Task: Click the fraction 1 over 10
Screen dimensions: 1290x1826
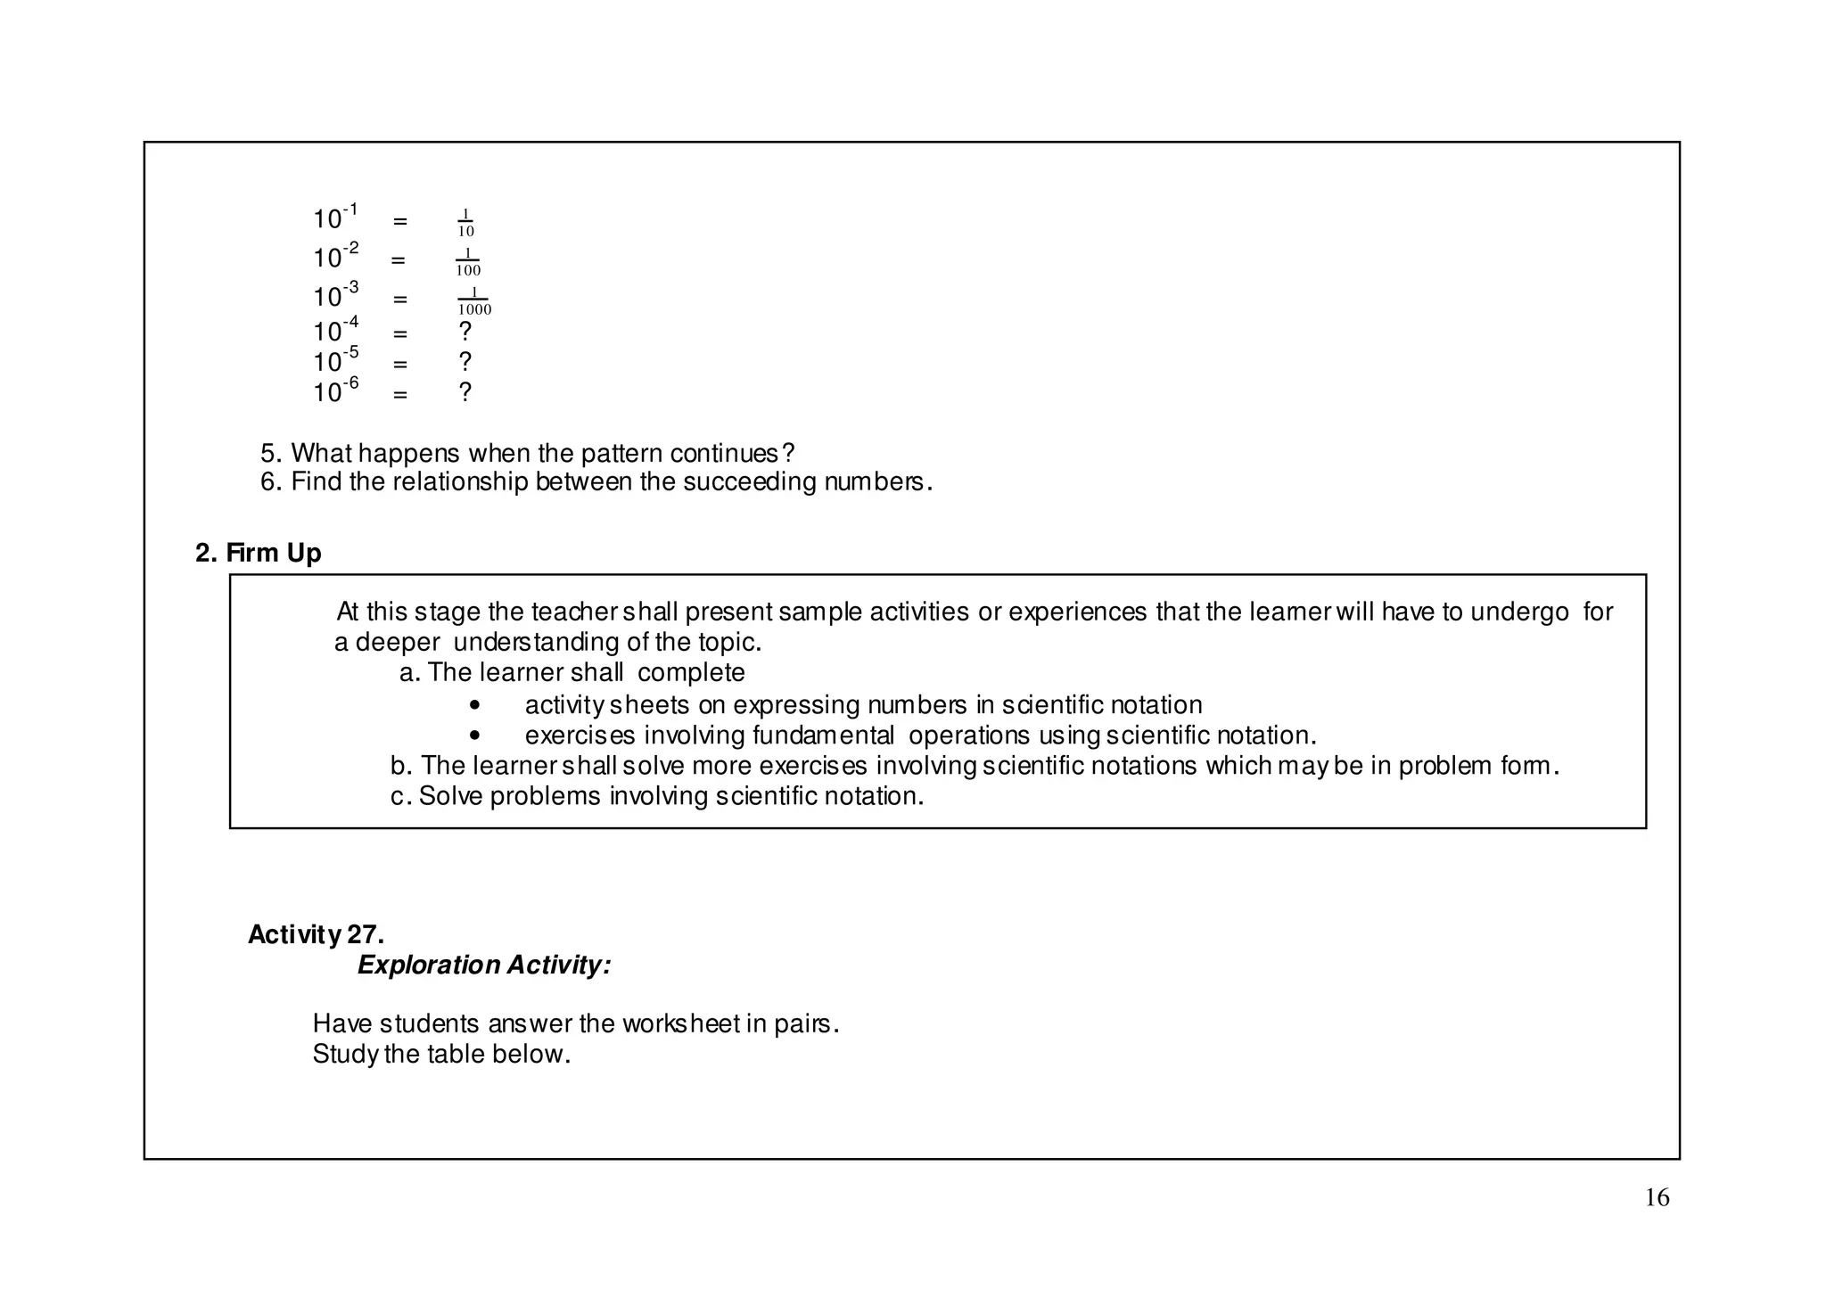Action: [x=465, y=222]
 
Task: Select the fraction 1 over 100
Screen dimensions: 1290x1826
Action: [x=467, y=261]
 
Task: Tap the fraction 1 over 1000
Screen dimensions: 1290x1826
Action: [x=473, y=300]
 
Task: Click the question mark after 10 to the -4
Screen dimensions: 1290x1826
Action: [x=465, y=332]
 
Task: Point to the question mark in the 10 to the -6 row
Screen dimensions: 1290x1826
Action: [x=465, y=392]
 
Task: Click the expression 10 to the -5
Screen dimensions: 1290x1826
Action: [x=335, y=360]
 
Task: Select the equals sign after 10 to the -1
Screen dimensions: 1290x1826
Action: [x=399, y=221]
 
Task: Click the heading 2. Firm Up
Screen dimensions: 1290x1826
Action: [x=258, y=553]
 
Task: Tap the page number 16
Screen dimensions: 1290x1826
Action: [x=1657, y=1197]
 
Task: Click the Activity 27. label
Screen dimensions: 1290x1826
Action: [x=316, y=934]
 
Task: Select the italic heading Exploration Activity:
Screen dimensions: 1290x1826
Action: [x=484, y=965]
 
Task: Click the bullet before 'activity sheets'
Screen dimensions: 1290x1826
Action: [x=474, y=705]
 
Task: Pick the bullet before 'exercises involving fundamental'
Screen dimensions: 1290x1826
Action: [x=474, y=735]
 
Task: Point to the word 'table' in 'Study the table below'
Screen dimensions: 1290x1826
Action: [x=456, y=1054]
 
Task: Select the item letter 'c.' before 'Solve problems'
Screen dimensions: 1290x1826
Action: [x=400, y=796]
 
